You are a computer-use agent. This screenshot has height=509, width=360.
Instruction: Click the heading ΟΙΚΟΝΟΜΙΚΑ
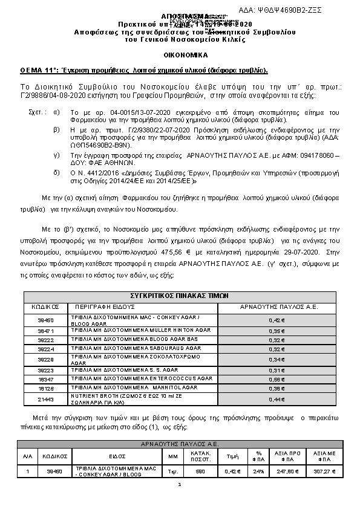click(179, 54)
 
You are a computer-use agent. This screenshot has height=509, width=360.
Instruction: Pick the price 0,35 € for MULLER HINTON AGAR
click(276, 331)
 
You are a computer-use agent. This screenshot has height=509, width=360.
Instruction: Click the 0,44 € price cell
click(276, 400)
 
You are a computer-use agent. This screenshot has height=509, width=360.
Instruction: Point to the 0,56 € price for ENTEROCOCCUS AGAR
click(276, 379)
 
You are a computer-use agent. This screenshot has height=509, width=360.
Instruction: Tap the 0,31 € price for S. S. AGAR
click(276, 370)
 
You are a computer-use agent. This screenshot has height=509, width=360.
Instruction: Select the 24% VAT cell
click(258, 472)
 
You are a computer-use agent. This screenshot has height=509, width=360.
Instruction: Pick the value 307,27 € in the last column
click(326, 472)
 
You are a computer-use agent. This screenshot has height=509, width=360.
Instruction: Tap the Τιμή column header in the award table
click(230, 458)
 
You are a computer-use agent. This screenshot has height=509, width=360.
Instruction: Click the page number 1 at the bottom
click(180, 484)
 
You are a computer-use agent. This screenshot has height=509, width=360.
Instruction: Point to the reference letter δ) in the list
click(56, 172)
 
